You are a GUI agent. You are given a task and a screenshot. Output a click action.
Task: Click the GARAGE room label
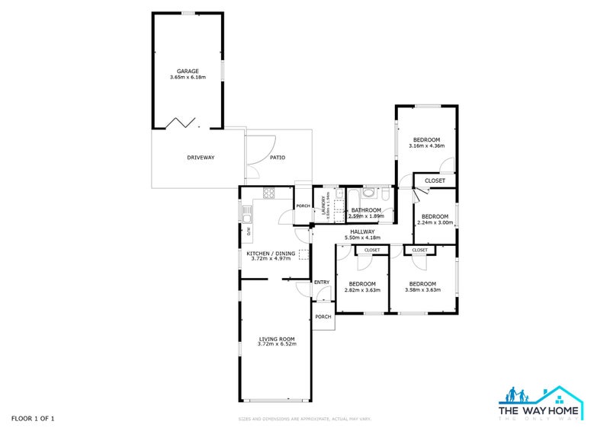click(188, 71)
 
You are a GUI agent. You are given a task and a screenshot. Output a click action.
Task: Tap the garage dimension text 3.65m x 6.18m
click(188, 77)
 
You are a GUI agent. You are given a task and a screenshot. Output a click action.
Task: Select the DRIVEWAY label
click(201, 158)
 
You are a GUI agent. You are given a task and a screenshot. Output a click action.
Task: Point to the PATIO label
click(278, 158)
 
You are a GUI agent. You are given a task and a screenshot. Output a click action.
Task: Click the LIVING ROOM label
click(276, 339)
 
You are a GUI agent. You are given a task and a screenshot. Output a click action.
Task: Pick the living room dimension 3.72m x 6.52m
click(276, 345)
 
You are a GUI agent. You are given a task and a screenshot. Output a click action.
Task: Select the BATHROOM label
click(366, 210)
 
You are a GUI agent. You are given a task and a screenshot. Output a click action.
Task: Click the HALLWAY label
click(362, 231)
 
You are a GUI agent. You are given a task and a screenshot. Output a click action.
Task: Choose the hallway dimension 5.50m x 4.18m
click(362, 238)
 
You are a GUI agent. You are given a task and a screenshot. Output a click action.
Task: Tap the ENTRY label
click(322, 283)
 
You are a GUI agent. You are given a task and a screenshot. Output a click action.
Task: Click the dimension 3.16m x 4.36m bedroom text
click(426, 145)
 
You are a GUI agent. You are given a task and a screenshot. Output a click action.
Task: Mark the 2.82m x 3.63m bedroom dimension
click(363, 289)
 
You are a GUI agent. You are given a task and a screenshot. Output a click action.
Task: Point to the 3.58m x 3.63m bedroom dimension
click(424, 289)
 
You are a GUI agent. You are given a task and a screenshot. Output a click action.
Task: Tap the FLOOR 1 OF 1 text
click(33, 418)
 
